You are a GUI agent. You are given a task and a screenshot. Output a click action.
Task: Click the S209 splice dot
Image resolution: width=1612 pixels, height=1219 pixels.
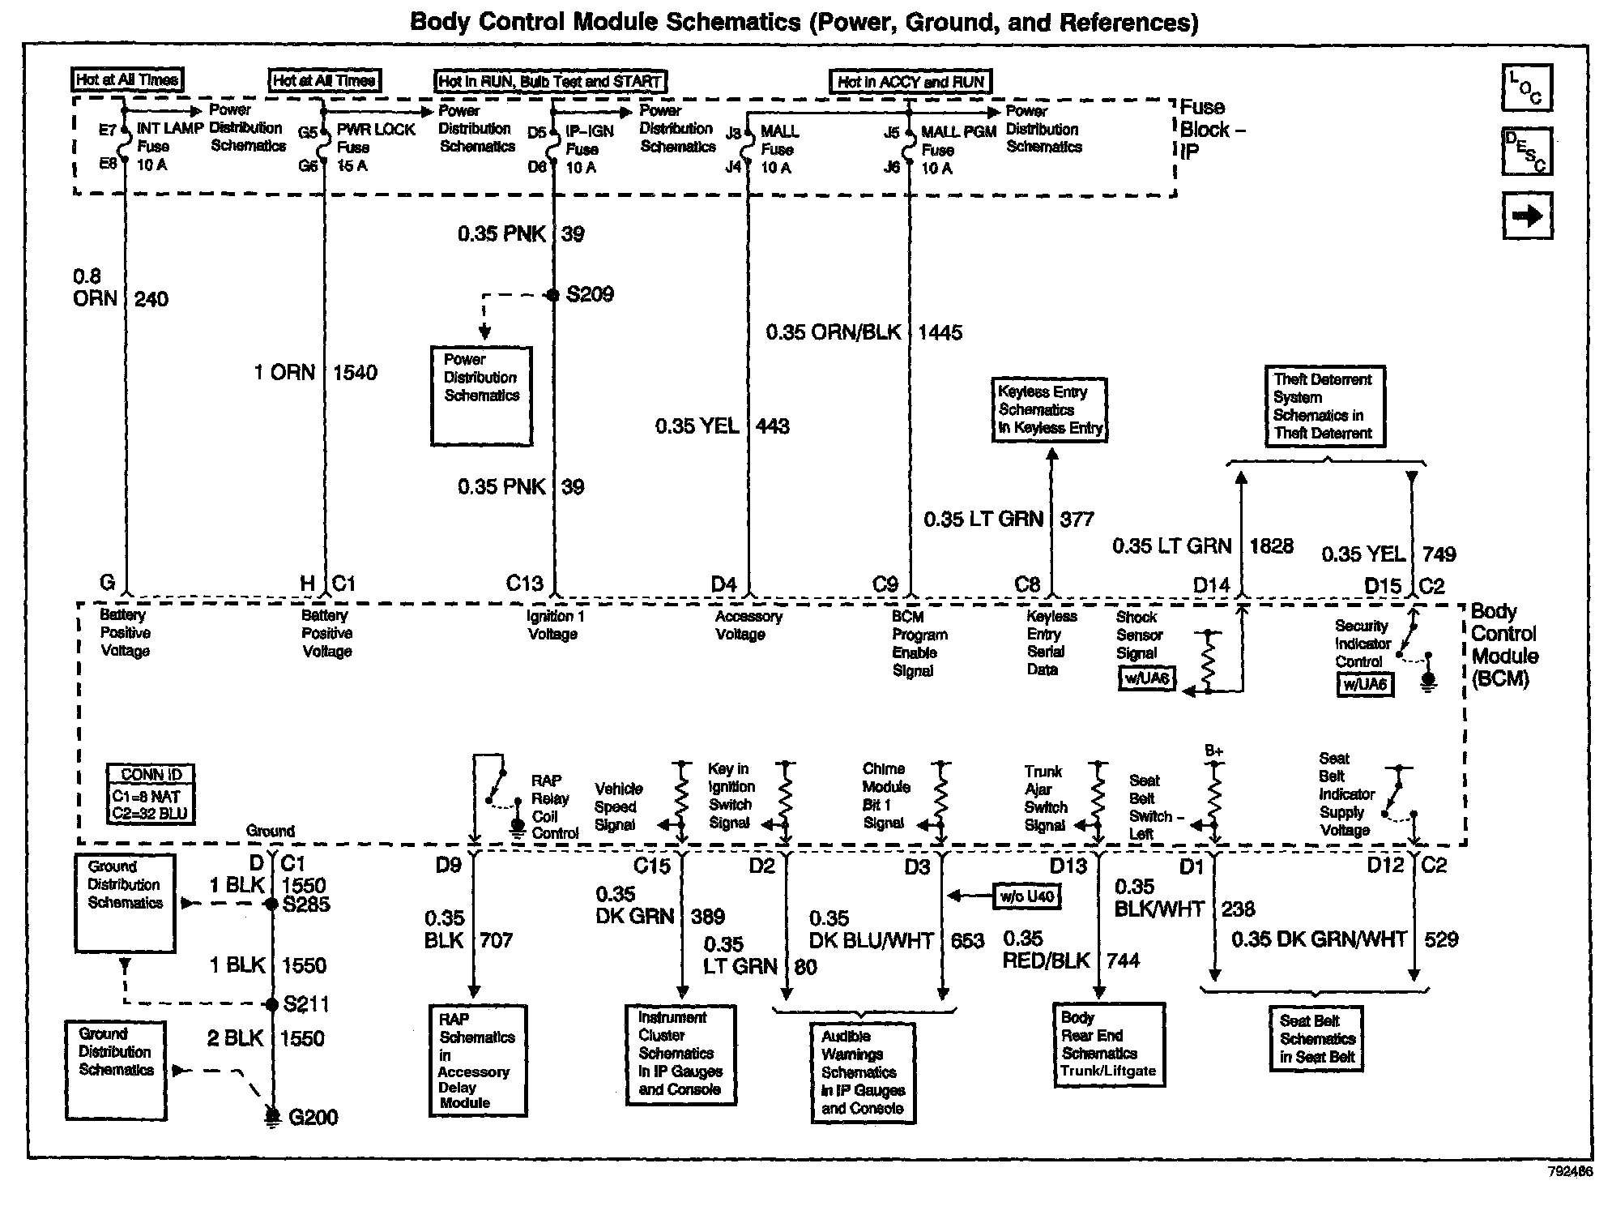[x=553, y=295]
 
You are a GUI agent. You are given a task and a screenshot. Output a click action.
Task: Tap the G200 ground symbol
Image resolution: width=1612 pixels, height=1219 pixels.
[x=273, y=1117]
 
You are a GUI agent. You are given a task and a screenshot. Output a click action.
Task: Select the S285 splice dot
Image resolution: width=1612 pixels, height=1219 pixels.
[x=272, y=904]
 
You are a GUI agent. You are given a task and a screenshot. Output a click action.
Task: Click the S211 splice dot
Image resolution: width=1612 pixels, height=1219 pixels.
[x=272, y=1005]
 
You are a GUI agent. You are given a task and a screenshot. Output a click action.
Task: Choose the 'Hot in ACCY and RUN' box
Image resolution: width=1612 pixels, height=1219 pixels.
[x=910, y=82]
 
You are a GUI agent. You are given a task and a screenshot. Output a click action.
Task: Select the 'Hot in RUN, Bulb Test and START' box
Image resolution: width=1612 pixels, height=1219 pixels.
[x=550, y=81]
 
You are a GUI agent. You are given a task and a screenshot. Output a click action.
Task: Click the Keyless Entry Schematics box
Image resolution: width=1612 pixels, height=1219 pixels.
[x=1049, y=410]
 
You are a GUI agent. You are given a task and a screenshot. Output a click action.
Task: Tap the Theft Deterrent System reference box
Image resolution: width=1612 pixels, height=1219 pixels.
[x=1324, y=406]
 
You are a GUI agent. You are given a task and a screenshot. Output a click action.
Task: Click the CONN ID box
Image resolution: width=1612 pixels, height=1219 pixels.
[x=151, y=794]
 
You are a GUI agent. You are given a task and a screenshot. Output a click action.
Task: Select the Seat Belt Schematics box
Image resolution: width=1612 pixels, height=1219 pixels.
[x=1316, y=1039]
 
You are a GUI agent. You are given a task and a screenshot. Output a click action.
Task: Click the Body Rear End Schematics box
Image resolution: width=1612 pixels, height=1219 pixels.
[x=1108, y=1045]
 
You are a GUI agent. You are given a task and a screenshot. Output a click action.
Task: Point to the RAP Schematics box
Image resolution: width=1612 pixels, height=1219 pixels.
[x=477, y=1061]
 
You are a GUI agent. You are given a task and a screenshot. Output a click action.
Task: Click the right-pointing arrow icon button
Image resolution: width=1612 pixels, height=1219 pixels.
[x=1527, y=216]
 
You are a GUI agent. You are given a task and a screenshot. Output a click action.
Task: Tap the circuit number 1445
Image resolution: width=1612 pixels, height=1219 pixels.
[x=940, y=332]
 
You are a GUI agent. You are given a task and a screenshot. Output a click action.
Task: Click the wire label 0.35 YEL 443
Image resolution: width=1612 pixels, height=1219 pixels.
[x=721, y=426]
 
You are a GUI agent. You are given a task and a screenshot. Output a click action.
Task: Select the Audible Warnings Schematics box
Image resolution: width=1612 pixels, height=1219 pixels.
[x=863, y=1072]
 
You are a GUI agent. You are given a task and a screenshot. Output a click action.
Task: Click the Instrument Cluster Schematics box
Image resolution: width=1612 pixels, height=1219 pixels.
[x=680, y=1054]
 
